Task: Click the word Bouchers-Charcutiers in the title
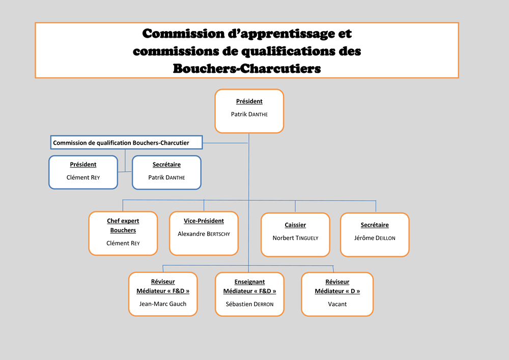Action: click(247, 69)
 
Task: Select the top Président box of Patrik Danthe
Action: click(249, 111)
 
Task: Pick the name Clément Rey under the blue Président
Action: click(83, 178)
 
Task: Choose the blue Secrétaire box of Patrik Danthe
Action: click(166, 173)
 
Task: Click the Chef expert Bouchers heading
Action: click(123, 225)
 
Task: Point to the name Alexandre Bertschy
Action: click(204, 234)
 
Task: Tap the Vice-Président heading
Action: click(204, 221)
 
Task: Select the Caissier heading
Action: click(295, 225)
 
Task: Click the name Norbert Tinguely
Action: click(295, 238)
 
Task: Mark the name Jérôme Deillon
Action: click(375, 238)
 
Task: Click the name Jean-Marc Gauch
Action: click(163, 304)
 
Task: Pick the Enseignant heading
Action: click(249, 282)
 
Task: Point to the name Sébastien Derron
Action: click(249, 304)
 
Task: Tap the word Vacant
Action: click(337, 304)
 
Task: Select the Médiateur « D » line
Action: click(337, 291)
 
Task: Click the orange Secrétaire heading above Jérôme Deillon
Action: click(375, 225)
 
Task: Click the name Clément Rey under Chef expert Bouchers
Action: click(123, 243)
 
